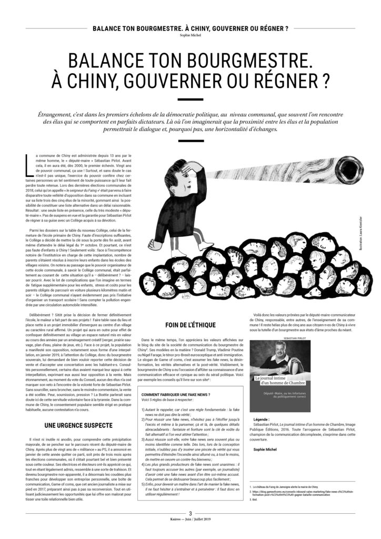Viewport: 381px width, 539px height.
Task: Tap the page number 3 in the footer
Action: click(x=190, y=527)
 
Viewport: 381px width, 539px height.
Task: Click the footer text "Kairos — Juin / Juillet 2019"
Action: click(x=190, y=534)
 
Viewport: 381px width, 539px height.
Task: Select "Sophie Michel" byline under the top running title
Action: click(x=190, y=33)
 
